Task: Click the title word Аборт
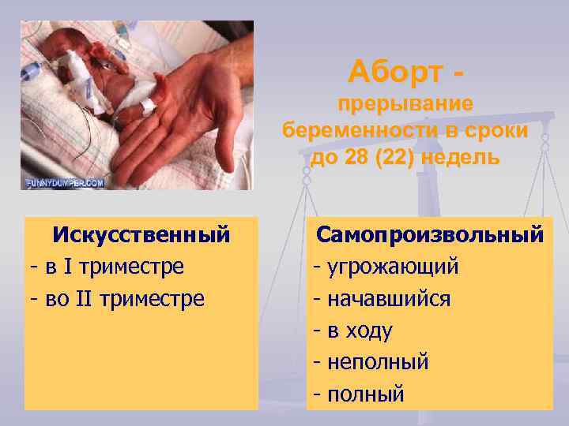[395, 73]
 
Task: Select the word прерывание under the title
[405, 104]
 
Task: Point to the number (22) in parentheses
[400, 157]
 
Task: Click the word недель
[462, 157]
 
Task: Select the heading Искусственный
[141, 234]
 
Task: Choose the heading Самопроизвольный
[430, 234]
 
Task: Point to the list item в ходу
[360, 330]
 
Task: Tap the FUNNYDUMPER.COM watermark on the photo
[65, 182]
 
